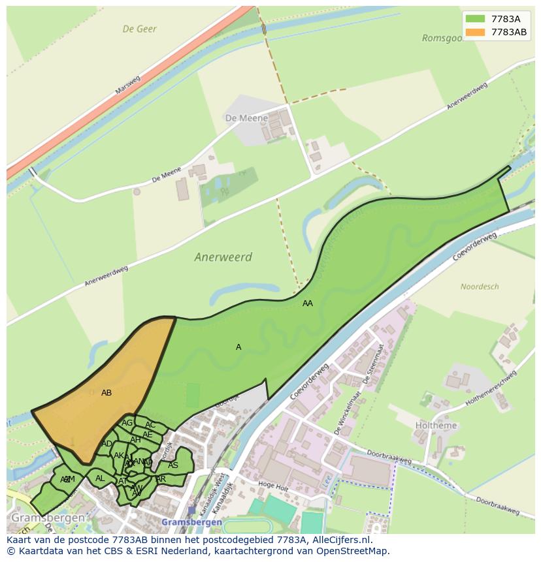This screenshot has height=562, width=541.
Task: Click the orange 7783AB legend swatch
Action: [x=475, y=33]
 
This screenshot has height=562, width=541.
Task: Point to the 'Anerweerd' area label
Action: [x=223, y=257]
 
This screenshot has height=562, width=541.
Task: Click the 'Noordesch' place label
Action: [x=480, y=287]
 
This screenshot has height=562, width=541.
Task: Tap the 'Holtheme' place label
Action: [x=436, y=426]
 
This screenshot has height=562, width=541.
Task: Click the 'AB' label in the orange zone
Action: [x=107, y=393]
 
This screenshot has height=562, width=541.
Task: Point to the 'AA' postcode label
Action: [x=308, y=304]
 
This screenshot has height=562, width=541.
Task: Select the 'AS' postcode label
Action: [x=173, y=465]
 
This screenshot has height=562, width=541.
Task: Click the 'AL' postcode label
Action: [x=100, y=478]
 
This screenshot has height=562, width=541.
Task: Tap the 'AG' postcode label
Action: [x=127, y=423]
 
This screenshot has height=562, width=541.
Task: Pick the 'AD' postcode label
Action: [x=107, y=444]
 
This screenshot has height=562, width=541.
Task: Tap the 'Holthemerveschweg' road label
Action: [x=490, y=390]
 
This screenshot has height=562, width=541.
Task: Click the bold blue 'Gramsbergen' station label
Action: [x=191, y=523]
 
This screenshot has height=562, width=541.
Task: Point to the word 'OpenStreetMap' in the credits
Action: [x=353, y=551]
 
